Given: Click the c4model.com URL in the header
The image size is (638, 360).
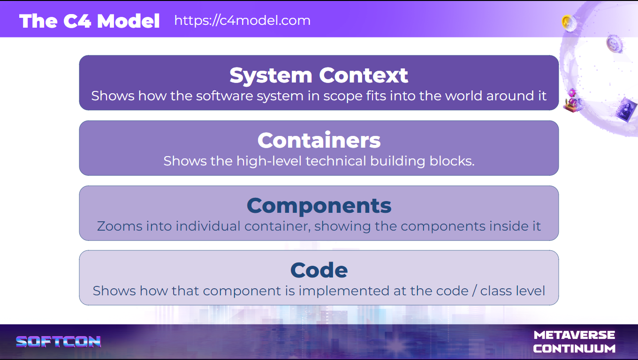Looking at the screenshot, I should (x=242, y=21).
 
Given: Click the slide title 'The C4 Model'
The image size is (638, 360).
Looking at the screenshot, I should (x=90, y=21).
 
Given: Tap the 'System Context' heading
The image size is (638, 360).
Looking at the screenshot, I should (x=319, y=75).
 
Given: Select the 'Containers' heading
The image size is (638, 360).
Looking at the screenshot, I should (x=319, y=140).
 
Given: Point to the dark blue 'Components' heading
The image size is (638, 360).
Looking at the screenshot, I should (x=319, y=205).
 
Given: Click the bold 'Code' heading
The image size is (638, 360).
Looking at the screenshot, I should (x=319, y=270).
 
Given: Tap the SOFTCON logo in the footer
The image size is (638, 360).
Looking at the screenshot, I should (x=59, y=342).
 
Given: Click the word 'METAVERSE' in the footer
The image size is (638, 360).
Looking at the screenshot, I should (x=574, y=335).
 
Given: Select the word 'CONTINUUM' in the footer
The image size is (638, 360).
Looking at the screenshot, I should (x=574, y=349).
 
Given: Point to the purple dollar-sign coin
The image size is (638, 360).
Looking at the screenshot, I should (x=613, y=44).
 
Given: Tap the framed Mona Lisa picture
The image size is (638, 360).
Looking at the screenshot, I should (x=627, y=110).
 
